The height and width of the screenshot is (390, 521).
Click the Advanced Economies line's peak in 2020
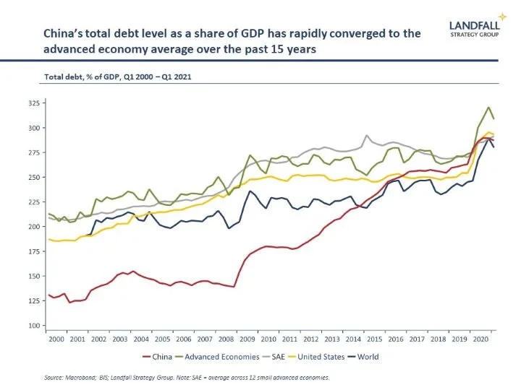pos(488,107)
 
